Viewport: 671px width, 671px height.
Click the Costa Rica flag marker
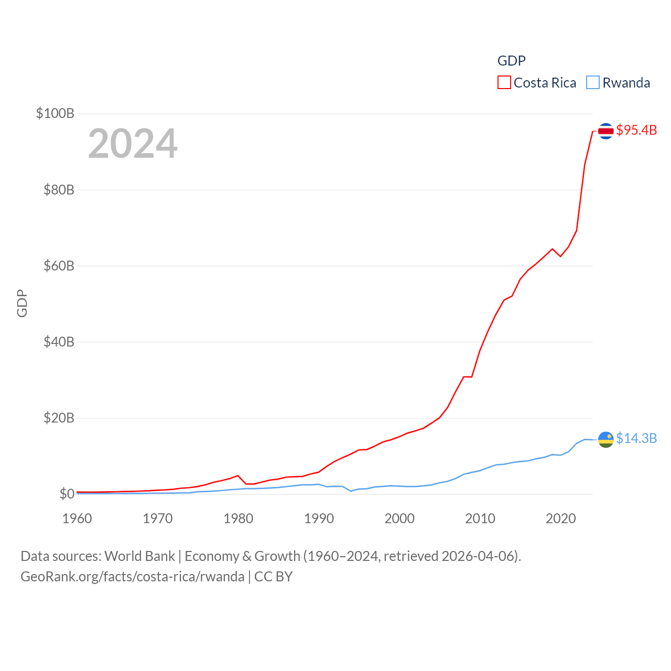point(605,131)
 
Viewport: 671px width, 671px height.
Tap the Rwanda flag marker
point(605,439)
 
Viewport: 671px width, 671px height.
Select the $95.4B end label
point(636,130)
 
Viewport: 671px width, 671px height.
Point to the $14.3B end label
point(636,438)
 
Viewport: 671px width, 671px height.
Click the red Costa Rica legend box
point(504,83)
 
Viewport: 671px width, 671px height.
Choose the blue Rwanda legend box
point(593,83)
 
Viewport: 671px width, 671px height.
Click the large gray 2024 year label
point(133,144)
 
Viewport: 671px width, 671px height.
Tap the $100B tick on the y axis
point(55,113)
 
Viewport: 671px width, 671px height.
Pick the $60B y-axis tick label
point(59,266)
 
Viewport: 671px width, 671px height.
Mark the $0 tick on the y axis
point(67,494)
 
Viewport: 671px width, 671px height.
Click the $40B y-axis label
point(59,342)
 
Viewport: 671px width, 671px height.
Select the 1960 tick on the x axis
point(77,518)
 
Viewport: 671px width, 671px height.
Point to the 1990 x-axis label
point(319,518)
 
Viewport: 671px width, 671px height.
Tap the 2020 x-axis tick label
point(560,518)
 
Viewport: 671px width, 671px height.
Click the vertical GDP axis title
point(22,303)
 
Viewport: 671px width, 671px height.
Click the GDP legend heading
point(511,61)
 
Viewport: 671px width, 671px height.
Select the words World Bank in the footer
point(139,556)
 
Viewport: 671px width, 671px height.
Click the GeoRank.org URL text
point(132,577)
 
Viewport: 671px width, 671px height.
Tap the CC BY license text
point(273,577)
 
